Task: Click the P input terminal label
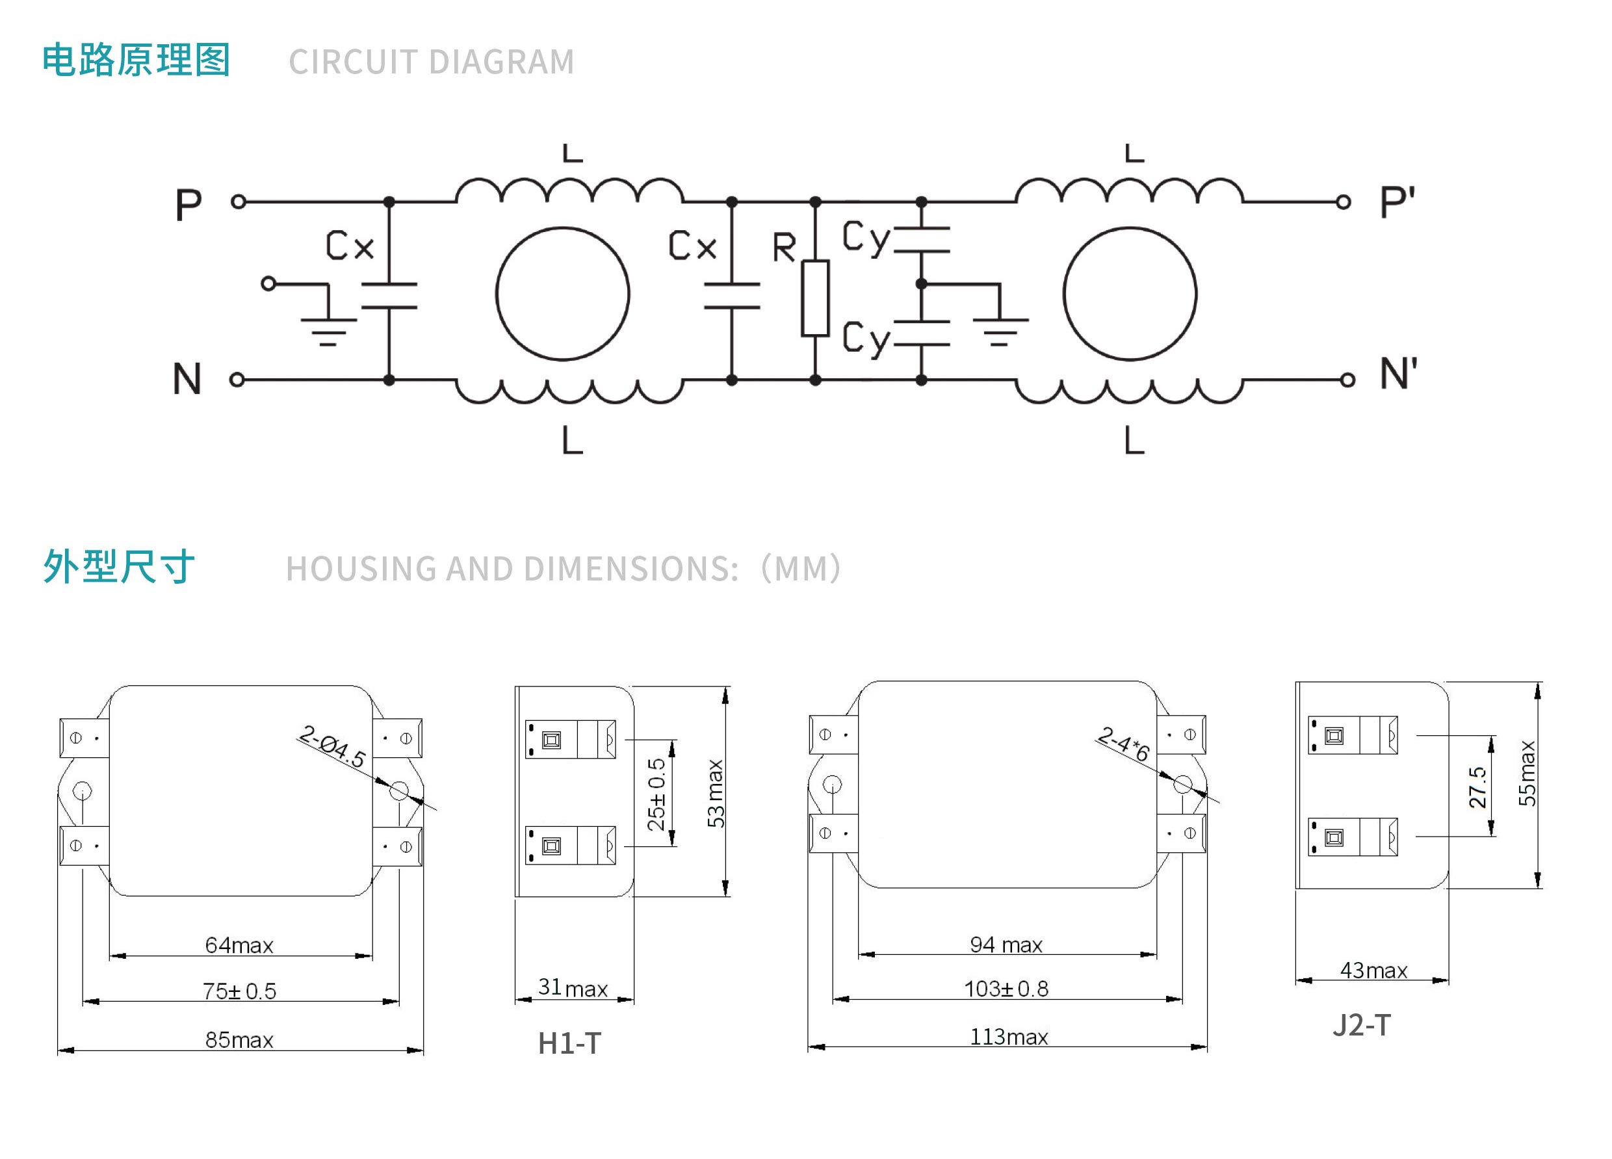tap(188, 205)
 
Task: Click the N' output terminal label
tap(1397, 374)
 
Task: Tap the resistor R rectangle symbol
tap(815, 298)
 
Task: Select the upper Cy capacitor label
tap(866, 237)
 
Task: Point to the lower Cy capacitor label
tap(866, 338)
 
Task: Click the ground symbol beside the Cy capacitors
tap(999, 331)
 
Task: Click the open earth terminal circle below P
tap(268, 283)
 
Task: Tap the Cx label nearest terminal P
tap(350, 245)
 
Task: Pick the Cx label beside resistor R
tap(692, 245)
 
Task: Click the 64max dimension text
tap(239, 945)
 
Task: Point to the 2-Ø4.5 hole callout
tap(332, 746)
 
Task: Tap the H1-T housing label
tap(569, 1043)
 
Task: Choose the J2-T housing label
tap(1361, 1024)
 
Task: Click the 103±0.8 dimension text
tap(1006, 989)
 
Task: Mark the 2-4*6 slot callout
tap(1123, 743)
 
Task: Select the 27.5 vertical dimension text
tap(1477, 787)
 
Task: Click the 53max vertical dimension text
tap(715, 793)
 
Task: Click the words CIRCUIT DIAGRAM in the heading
tap(432, 62)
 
